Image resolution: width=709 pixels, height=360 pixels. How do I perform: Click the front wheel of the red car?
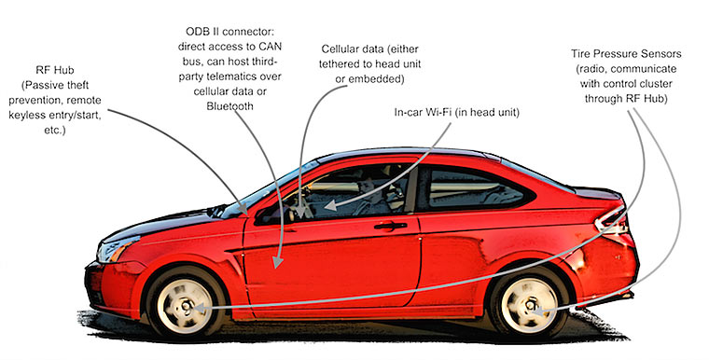pos(186,304)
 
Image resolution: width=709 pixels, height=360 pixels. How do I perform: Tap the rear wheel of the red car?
pos(529,304)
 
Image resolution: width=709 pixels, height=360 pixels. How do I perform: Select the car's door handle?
pos(390,226)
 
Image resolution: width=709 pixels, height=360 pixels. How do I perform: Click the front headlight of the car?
pos(117,248)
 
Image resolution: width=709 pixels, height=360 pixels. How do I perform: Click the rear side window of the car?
pos(475,188)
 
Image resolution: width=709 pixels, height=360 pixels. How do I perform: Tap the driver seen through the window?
pos(370,197)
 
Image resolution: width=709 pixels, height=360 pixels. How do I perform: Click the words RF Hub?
pos(55,71)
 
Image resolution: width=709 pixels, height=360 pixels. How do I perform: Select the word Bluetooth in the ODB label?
pos(229,105)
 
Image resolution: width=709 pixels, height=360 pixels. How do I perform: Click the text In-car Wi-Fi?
pos(423,112)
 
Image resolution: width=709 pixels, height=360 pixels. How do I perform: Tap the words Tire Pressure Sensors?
pos(626,54)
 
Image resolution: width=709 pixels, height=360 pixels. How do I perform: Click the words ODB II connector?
pos(230,32)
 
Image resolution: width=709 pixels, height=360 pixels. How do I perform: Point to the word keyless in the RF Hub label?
pos(27,116)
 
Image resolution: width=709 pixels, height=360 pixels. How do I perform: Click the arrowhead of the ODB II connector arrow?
pos(278,262)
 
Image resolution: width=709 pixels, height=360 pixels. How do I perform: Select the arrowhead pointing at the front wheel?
pos(199,309)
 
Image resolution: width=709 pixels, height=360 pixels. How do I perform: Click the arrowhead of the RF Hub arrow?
pos(243,209)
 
